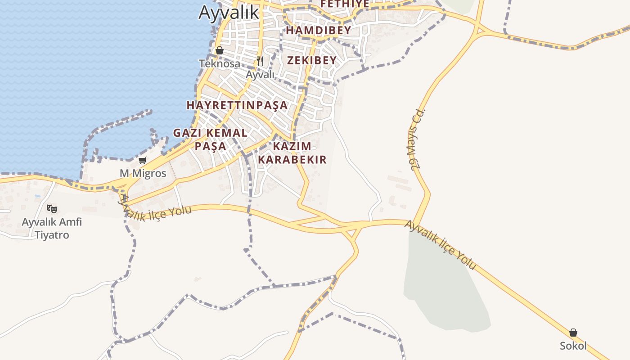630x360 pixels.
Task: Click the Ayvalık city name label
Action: tap(229, 12)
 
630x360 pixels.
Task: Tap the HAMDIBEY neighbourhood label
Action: tap(318, 31)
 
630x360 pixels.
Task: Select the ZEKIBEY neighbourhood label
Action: tap(312, 60)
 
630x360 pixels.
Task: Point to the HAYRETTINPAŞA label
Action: tap(237, 105)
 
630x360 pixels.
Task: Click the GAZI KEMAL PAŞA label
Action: tap(211, 139)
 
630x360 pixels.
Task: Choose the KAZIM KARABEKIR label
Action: tap(292, 153)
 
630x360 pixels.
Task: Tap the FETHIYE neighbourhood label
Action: tap(344, 4)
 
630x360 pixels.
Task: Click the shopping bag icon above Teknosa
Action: tap(220, 50)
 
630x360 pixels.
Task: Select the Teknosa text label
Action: tap(220, 63)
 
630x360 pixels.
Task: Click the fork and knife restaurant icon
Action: tap(260, 61)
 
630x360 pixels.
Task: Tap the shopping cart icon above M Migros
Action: tap(143, 160)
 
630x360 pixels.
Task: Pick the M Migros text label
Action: tap(143, 173)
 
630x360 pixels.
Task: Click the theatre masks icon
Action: tap(52, 208)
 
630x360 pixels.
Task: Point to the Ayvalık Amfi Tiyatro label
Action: tap(52, 228)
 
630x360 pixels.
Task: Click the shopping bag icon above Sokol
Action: tap(573, 333)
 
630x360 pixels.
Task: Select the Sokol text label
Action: tap(573, 346)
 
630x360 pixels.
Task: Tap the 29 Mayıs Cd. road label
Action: tap(418, 139)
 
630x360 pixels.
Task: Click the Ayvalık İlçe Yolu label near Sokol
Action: tap(440, 245)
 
